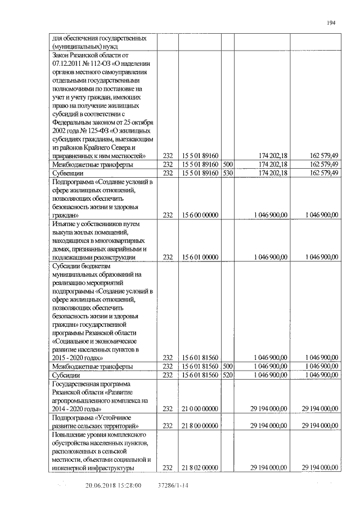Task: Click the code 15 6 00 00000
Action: click(x=200, y=215)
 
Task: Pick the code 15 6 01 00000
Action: click(x=200, y=257)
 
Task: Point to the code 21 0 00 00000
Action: click(x=200, y=409)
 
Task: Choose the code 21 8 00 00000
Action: click(x=200, y=426)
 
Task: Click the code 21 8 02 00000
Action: click(x=200, y=468)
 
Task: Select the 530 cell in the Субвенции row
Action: click(x=228, y=173)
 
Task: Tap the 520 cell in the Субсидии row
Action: click(x=228, y=375)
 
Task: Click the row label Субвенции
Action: click(x=66, y=173)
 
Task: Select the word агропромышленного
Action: click(x=83, y=400)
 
